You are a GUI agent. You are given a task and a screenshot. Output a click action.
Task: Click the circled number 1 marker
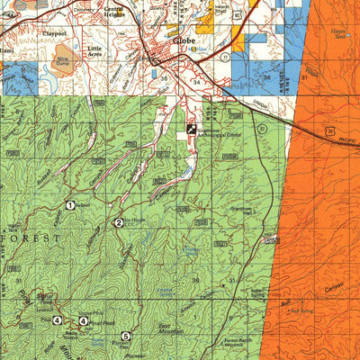[x=69, y=206]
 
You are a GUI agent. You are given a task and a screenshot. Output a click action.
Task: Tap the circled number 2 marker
[x=118, y=222]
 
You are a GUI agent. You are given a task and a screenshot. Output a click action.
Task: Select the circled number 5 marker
[x=125, y=337]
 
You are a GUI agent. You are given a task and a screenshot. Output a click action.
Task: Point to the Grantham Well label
[x=243, y=212]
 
